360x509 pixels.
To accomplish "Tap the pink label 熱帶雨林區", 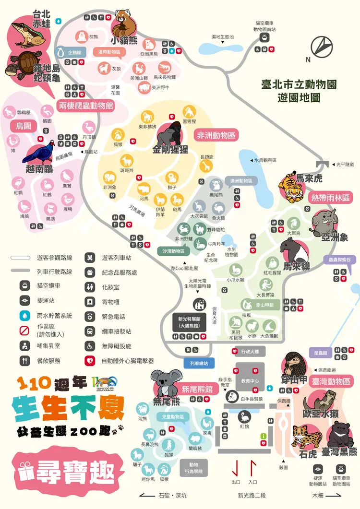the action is pyautogui.click(x=331, y=197).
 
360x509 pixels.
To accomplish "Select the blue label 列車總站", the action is pyautogui.click(x=199, y=364).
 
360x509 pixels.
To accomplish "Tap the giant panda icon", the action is pyautogui.click(x=199, y=304).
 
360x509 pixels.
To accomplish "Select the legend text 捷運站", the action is pyautogui.click(x=47, y=301).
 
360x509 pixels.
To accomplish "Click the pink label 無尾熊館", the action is pyautogui.click(x=197, y=389).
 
